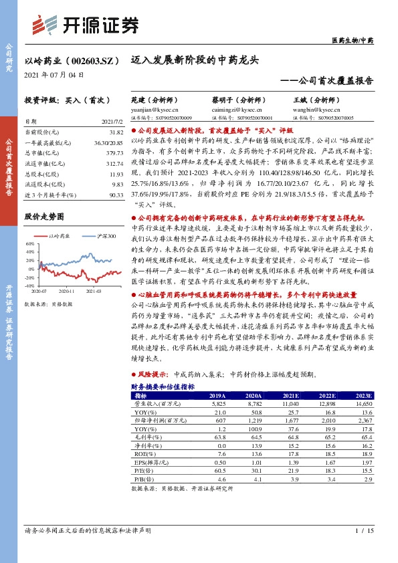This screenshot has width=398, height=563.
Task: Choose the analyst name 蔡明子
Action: (x=227, y=100)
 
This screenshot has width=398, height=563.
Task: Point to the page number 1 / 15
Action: (x=363, y=530)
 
